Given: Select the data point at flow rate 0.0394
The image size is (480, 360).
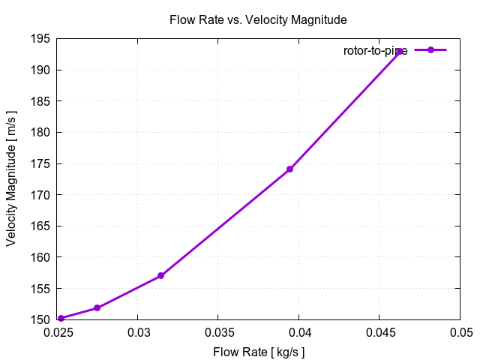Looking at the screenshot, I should click(289, 169).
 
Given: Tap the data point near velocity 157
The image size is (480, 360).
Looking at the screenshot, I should click(160, 276).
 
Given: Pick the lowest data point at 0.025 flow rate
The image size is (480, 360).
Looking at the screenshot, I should click(61, 318).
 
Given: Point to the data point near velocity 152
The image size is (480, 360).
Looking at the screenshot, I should click(97, 308).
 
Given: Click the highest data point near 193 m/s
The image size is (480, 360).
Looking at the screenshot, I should click(399, 52).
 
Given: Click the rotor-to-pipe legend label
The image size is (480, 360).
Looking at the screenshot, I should click(375, 50).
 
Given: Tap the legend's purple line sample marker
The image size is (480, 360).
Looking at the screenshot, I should click(430, 50).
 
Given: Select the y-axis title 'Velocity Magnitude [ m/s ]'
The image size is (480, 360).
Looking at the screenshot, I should click(12, 178).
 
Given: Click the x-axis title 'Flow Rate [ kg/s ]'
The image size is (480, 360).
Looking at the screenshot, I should click(259, 351).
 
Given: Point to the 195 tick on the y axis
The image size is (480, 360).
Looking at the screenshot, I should click(41, 39).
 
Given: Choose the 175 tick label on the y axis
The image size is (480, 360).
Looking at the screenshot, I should click(41, 163).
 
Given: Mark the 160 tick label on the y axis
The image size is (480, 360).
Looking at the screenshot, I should click(41, 257).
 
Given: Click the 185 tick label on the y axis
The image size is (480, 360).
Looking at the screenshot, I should click(41, 101).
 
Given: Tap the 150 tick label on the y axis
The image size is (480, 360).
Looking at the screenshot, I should click(41, 319).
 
